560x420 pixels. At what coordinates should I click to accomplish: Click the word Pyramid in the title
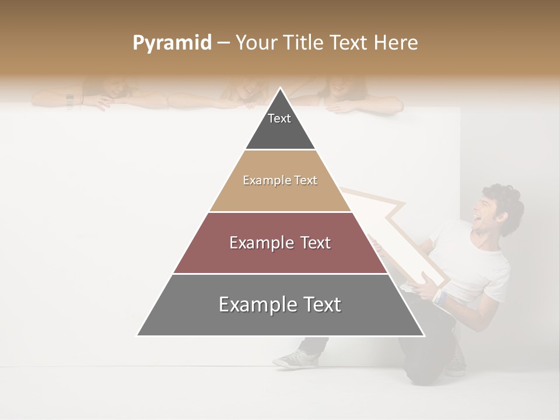click(171, 43)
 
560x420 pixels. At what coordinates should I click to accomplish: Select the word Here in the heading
click(395, 43)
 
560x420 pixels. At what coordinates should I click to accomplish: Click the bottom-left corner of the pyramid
click(138, 335)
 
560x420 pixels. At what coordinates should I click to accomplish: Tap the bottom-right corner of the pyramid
click(423, 335)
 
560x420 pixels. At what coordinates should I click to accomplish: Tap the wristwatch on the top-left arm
click(70, 100)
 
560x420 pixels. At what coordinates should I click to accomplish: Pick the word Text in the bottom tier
click(318, 304)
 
